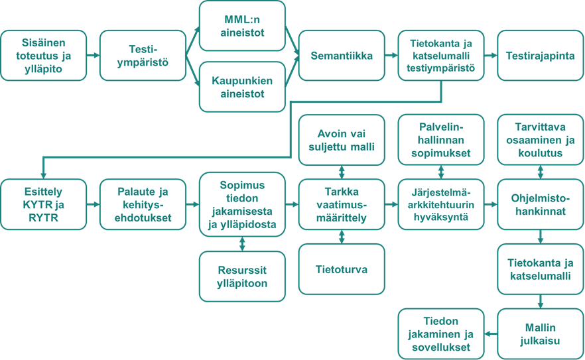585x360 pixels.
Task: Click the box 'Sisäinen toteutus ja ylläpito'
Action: pyautogui.click(x=43, y=56)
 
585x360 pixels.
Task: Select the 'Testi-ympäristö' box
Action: pyautogui.click(x=143, y=56)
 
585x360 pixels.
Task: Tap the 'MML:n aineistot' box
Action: pyautogui.click(x=242, y=26)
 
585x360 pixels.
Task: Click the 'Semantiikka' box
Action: pyautogui.click(x=342, y=56)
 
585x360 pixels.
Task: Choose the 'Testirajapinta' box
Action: pyautogui.click(x=541, y=56)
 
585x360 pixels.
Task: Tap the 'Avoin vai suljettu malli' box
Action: pyautogui.click(x=342, y=139)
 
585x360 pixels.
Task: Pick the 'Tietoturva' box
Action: pyautogui.click(x=342, y=269)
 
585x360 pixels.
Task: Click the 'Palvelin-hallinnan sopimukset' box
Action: pyautogui.click(x=441, y=139)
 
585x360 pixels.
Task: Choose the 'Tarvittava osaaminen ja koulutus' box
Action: pyautogui.click(x=541, y=139)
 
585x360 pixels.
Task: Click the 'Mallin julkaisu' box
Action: pyautogui.click(x=541, y=333)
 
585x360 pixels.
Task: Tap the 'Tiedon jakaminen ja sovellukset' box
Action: pyautogui.click(x=441, y=333)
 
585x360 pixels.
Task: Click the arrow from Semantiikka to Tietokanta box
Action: pyautogui.click(x=391, y=56)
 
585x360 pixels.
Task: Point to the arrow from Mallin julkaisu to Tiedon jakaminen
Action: pyautogui.click(x=491, y=333)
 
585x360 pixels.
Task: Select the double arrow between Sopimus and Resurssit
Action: pyautogui.click(x=242, y=243)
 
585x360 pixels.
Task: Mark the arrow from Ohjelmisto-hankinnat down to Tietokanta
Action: pyautogui.click(x=541, y=236)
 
